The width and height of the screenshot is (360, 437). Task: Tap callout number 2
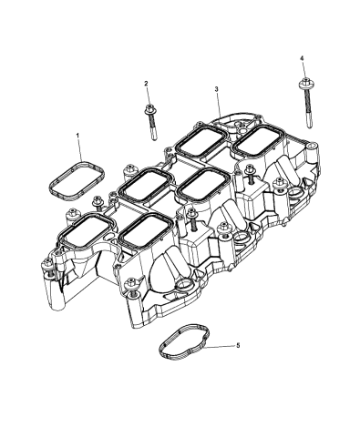(x=145, y=84)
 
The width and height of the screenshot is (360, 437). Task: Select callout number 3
(x=217, y=89)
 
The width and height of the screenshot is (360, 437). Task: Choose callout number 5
(x=239, y=347)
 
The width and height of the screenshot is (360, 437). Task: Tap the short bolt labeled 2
(x=149, y=119)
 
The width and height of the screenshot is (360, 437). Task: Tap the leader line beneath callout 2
(x=146, y=96)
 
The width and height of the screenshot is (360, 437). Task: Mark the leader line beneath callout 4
(x=302, y=72)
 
